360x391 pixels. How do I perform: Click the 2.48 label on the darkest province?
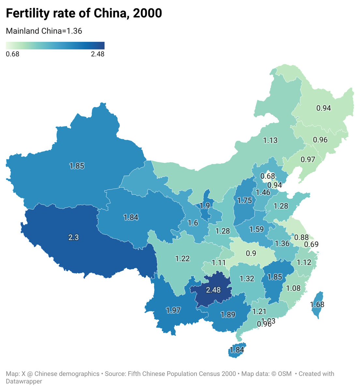coord(213,290)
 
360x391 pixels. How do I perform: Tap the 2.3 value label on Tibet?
coord(74,237)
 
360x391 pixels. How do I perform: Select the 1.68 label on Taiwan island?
coord(317,305)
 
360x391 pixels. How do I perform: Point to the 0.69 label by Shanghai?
coord(311,244)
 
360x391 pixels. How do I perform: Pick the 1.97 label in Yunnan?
coord(173,310)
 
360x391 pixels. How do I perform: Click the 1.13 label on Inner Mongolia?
coord(270,140)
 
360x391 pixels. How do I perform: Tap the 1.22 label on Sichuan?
coord(182,259)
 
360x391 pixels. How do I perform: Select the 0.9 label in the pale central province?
coord(251,253)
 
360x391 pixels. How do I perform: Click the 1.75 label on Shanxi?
coord(245,201)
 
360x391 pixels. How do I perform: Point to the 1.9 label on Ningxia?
coord(205,206)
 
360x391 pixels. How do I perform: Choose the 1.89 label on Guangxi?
coord(228,315)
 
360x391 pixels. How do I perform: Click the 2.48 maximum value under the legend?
coord(98,54)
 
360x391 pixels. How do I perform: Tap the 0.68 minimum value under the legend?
coord(13,54)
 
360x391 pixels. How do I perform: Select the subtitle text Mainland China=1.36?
coord(44,31)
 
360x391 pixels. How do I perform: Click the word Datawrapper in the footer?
coord(24,381)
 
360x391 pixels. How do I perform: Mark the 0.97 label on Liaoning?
coord(308,159)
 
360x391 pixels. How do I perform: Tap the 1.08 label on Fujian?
coord(293,288)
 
